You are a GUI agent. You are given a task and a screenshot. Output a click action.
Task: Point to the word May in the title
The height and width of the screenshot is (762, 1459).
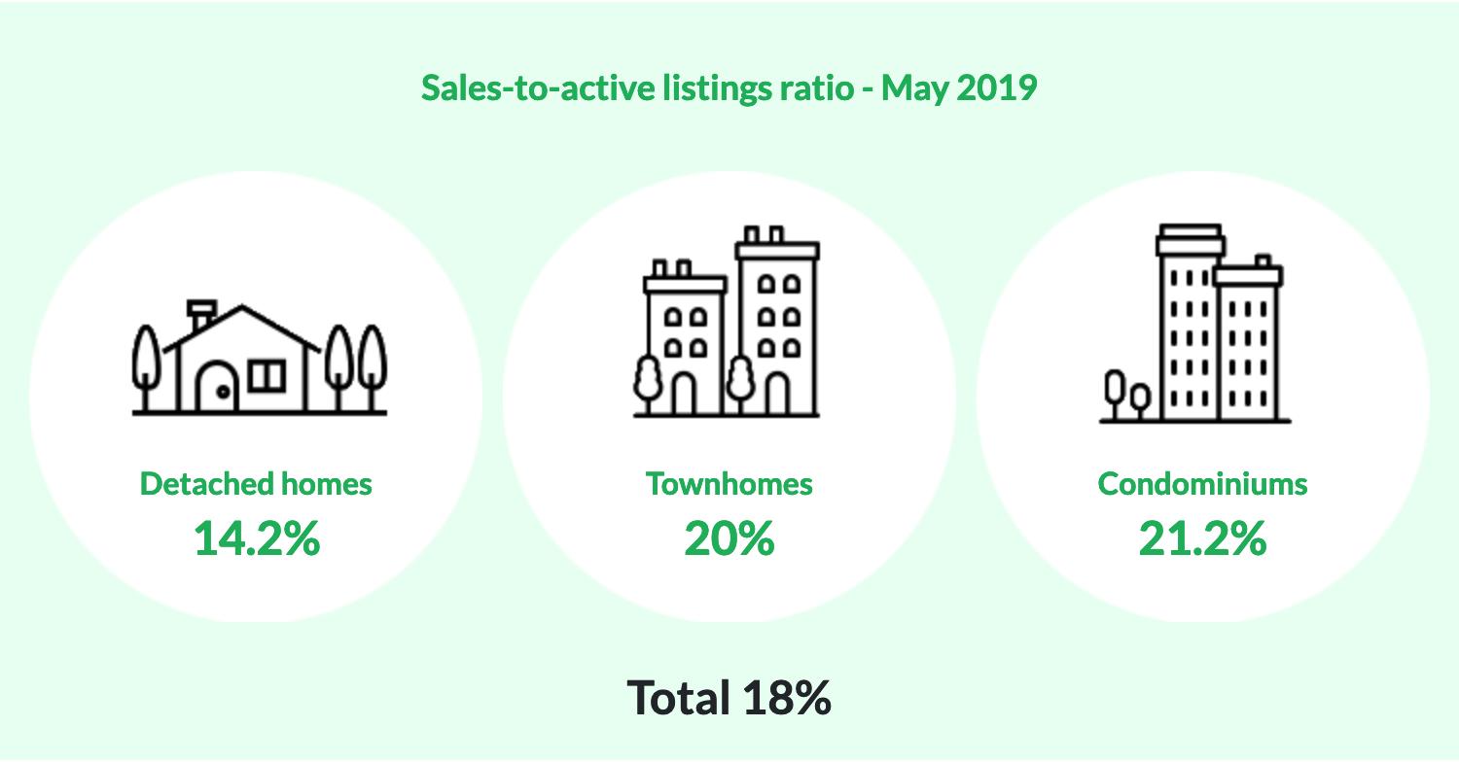point(915,88)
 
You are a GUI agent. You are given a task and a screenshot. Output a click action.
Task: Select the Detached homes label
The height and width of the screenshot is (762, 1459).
point(256,483)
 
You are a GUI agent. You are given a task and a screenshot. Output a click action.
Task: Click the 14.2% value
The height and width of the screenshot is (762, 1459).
point(257,537)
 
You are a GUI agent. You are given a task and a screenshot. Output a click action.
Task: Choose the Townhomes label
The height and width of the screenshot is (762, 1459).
point(729,483)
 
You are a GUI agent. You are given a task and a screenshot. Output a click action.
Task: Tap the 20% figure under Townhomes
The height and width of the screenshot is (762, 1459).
point(729,537)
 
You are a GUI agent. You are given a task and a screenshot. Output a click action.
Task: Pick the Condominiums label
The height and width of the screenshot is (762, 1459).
point(1202,483)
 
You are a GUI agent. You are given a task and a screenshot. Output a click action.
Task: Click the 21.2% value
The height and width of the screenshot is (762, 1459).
point(1202,537)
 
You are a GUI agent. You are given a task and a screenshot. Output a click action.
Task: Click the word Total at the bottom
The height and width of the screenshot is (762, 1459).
point(679,697)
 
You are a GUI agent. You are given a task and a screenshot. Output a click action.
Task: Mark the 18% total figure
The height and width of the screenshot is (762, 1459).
point(786,697)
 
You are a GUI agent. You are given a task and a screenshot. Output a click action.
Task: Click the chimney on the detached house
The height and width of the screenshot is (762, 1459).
point(201,314)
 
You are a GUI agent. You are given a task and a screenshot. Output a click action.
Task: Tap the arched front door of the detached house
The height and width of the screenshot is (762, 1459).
point(217,388)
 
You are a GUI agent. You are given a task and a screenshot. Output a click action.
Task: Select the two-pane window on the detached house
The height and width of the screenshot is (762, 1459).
point(267,375)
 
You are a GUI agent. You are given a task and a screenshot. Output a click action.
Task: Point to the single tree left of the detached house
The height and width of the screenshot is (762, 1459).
point(146,364)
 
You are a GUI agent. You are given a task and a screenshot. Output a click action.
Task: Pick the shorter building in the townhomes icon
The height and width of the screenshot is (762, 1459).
point(685,345)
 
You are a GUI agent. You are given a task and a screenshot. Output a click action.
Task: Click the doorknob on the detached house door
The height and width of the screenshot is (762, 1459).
point(223,393)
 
